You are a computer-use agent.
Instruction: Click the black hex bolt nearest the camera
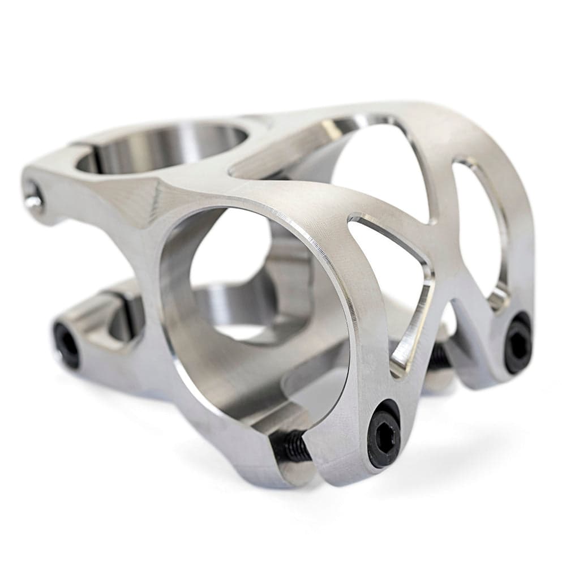(x=383, y=434)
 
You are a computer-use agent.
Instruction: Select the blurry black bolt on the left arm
(x=67, y=344)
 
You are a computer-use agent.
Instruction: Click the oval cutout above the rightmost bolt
(x=478, y=226)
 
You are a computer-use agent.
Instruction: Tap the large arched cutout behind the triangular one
(x=385, y=170)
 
